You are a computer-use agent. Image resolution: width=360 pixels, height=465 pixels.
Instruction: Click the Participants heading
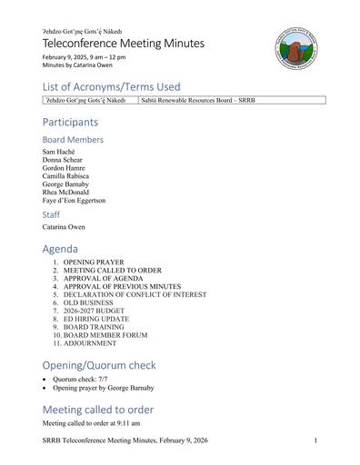[70, 122]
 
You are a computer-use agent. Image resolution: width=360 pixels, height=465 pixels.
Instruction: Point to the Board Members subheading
[73, 140]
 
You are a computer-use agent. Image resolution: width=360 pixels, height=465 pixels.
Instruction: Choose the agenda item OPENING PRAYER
[91, 262]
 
